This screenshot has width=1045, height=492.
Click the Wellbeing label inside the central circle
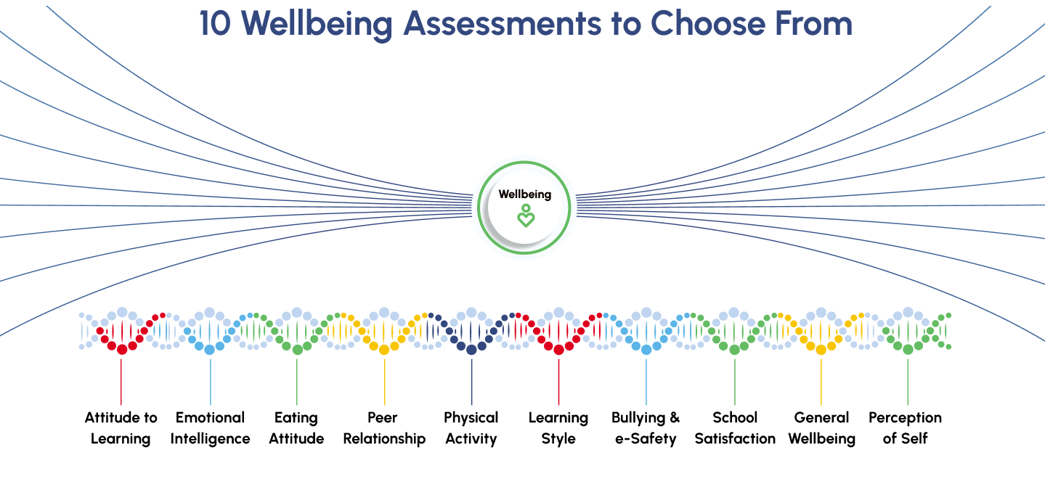pyautogui.click(x=524, y=194)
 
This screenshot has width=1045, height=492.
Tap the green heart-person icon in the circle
pyautogui.click(x=525, y=216)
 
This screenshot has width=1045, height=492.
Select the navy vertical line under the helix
pyautogui.click(x=471, y=381)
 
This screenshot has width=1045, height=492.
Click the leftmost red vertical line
pyautogui.click(x=121, y=381)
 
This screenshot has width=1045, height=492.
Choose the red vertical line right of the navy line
pyautogui.click(x=558, y=381)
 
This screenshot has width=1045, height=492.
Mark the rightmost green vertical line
pyautogui.click(x=907, y=381)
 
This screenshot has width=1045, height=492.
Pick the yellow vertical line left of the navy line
pyautogui.click(x=385, y=381)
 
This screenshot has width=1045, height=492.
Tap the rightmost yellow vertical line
pyautogui.click(x=821, y=381)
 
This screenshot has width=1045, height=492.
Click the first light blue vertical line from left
pyautogui.click(x=211, y=381)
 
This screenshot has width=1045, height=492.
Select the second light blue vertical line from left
pyautogui.click(x=646, y=381)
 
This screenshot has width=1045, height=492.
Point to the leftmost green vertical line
pyautogui.click(x=297, y=381)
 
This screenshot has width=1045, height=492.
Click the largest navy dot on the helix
pyautogui.click(x=471, y=350)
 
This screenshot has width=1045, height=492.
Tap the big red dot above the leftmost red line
pyautogui.click(x=122, y=350)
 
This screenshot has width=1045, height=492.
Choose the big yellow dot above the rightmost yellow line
pyautogui.click(x=821, y=350)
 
